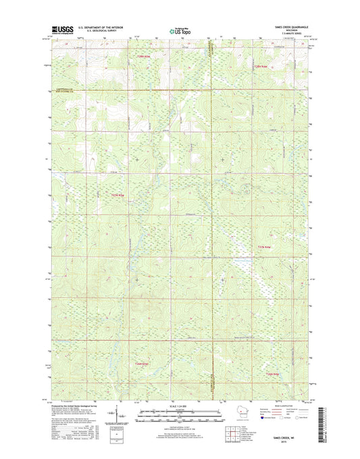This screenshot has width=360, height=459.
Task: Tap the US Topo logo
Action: coord(175,29)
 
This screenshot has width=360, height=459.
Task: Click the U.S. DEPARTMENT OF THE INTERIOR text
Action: coord(101,26)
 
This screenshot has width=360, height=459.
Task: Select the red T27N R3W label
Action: coord(264,247)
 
